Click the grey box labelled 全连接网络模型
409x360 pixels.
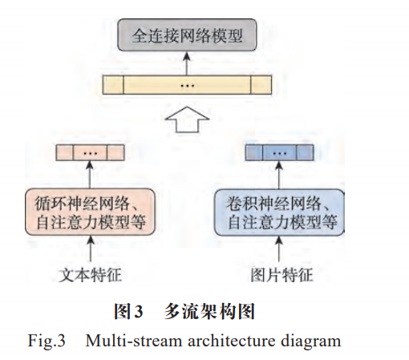187,35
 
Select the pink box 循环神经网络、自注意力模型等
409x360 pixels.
90,212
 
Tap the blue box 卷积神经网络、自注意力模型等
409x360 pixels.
279,212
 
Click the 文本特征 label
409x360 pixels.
90,275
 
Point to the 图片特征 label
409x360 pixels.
281,275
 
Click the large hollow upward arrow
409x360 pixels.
187,119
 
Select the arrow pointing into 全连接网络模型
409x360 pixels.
187,63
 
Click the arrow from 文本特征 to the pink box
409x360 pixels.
91,249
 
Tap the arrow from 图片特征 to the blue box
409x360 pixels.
279,249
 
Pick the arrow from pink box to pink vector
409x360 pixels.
90,175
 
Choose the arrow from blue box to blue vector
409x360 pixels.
279,175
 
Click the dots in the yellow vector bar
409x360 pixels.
187,86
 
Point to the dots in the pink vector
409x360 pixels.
91,153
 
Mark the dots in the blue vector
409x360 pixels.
279,153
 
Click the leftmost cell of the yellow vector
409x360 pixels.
113,85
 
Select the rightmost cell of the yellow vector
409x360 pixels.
261,85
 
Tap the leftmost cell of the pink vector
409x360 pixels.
64,152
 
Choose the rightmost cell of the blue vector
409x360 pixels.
305,152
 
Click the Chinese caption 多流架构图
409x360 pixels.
209,312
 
